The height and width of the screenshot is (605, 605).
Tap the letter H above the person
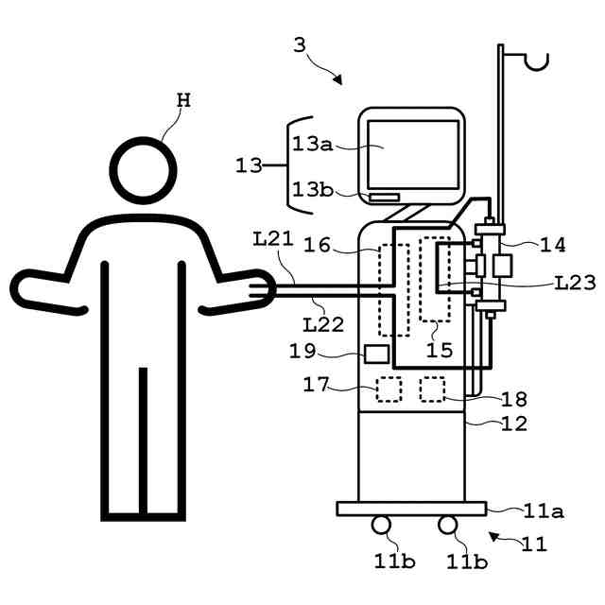(x=184, y=101)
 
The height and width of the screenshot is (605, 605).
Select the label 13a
(x=312, y=145)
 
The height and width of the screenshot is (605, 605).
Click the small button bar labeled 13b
(x=384, y=198)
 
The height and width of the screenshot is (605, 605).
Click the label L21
(x=273, y=239)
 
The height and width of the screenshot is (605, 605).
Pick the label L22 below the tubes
(x=323, y=325)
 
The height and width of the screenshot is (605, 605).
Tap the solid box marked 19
(x=377, y=354)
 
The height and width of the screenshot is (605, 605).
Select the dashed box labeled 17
(x=389, y=389)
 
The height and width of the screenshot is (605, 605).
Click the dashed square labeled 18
(x=432, y=389)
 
